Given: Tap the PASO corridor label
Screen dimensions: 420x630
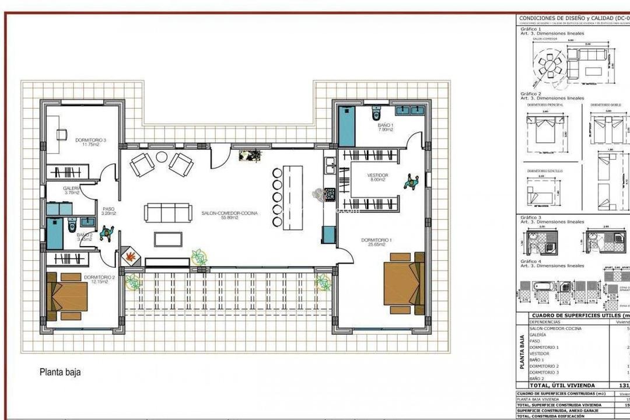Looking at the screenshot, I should click(x=108, y=211).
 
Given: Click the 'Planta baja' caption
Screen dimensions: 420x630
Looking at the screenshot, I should click(x=60, y=372).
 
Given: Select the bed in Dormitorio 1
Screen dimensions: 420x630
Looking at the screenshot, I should click(x=404, y=282).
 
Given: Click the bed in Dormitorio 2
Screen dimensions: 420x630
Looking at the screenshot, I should click(x=66, y=296).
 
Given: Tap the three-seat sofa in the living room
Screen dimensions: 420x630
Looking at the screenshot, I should click(x=167, y=212).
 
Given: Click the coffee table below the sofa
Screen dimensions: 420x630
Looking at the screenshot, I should click(x=168, y=239).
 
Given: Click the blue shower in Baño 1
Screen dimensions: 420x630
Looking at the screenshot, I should click(x=347, y=127).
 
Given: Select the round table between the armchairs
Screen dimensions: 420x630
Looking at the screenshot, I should click(x=162, y=157).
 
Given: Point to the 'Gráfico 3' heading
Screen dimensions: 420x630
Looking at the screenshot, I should click(x=531, y=217).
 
